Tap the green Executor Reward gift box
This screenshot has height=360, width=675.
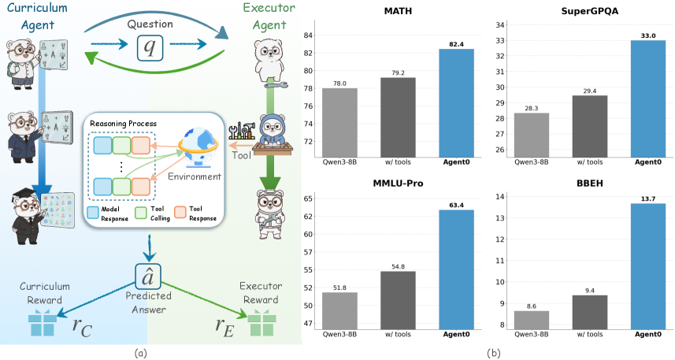(x=260, y=324)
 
